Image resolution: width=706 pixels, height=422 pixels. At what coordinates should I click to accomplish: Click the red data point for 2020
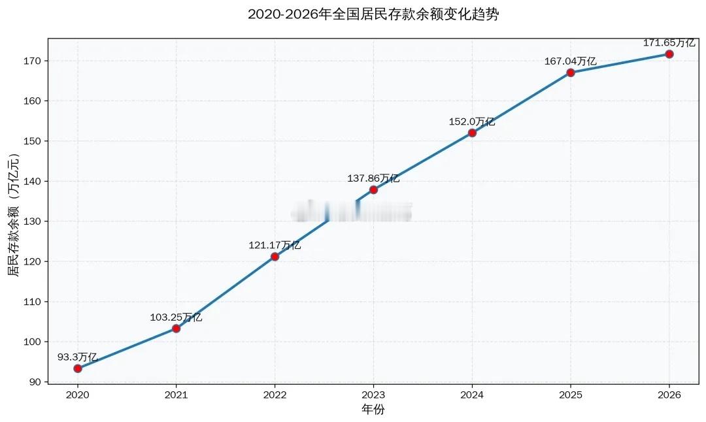tap(78, 368)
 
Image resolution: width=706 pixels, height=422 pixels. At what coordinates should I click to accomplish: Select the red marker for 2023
tap(373, 189)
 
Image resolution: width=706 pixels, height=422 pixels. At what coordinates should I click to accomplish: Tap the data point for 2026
tap(669, 54)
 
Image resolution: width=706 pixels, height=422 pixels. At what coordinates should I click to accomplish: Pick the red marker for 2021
tap(176, 329)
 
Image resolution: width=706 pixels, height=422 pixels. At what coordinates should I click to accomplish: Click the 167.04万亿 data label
tap(570, 61)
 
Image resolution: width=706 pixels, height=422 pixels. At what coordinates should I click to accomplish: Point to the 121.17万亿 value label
tap(275, 246)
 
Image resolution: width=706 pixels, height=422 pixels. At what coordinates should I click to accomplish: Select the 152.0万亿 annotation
tap(471, 122)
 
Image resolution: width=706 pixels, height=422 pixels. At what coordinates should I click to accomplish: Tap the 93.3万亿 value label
tap(77, 357)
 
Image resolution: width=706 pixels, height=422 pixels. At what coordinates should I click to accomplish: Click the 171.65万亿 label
tap(669, 43)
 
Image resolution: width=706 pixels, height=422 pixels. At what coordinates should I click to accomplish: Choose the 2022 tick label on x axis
tap(275, 395)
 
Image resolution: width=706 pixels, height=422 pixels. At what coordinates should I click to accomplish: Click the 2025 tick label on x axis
tap(570, 395)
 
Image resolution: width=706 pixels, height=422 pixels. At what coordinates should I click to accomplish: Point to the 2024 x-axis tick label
tap(471, 395)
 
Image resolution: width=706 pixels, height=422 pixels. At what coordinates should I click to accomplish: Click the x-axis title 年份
tap(373, 409)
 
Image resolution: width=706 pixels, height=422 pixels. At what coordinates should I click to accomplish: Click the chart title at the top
tap(373, 14)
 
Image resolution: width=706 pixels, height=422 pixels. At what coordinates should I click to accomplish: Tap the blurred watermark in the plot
tap(352, 211)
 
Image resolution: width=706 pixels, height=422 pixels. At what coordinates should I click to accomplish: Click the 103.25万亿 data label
tap(176, 317)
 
